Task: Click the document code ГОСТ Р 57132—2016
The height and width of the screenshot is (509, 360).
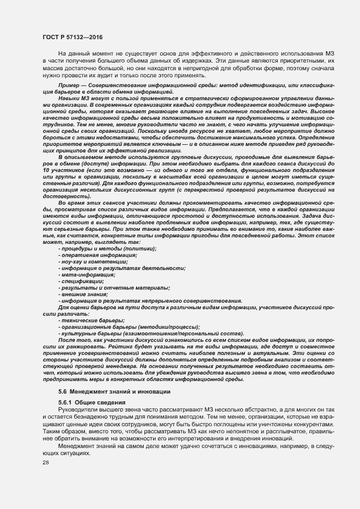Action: (x=72, y=36)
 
